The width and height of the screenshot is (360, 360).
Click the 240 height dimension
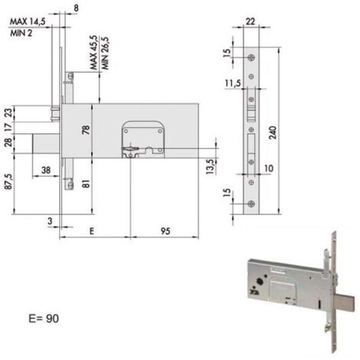[273, 133]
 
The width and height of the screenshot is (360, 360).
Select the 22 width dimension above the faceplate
[250, 21]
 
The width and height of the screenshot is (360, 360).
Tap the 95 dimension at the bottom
[165, 231]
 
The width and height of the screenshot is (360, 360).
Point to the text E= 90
[44, 319]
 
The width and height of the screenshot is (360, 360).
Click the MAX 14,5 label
[28, 21]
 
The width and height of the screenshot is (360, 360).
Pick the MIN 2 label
[21, 33]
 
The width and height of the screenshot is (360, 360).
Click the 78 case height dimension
[87, 129]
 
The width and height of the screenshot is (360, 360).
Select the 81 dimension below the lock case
[87, 183]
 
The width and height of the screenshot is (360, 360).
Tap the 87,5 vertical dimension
[8, 182]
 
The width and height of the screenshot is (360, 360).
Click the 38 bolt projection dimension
[46, 170]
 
